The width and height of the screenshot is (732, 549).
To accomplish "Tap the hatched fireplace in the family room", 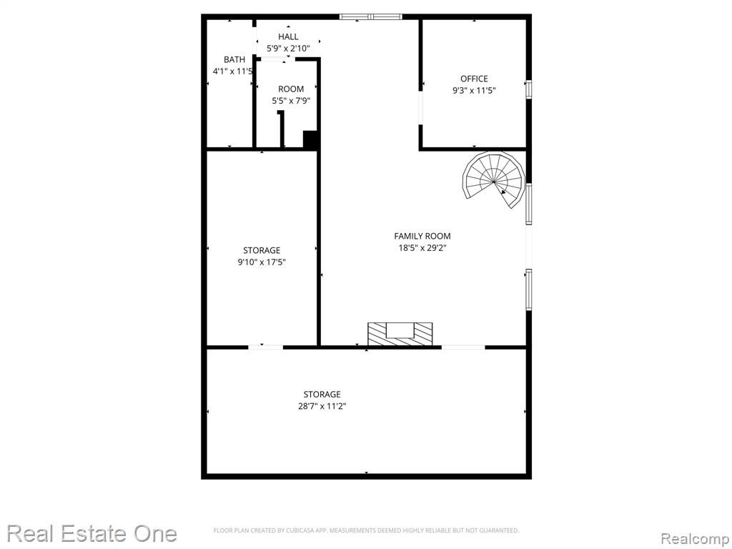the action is point(400,334).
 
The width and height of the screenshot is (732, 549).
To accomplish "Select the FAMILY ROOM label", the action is point(422,236).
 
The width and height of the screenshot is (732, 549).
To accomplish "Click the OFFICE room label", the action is point(475,79).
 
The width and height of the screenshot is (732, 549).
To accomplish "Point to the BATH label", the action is point(234,60).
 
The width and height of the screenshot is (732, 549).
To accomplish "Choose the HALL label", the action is point(288,37).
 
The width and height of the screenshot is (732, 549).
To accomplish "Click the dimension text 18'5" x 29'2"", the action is point(422,248).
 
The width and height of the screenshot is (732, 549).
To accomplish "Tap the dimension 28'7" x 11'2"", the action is point(322,406).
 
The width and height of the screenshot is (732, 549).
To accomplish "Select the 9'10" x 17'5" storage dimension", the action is point(262,262).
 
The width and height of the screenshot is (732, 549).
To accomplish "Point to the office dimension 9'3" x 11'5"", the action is point(475,91).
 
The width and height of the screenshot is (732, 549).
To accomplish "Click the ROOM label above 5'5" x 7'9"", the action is point(292,89).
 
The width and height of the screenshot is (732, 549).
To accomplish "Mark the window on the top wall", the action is point(371,17).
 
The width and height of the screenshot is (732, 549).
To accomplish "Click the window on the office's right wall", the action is point(529,89).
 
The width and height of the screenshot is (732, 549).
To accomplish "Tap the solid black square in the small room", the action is point(311,139).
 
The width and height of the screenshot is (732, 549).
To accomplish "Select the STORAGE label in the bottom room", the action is point(322,395).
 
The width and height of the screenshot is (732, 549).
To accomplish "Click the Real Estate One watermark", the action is point(92,533).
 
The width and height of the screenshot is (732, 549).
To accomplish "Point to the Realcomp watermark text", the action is point(695,539).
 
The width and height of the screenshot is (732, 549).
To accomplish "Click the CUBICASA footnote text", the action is point(367,530).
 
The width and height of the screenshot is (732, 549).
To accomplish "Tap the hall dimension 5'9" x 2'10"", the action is point(288,48).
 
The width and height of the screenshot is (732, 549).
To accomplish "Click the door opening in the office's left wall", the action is point(421,108).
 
